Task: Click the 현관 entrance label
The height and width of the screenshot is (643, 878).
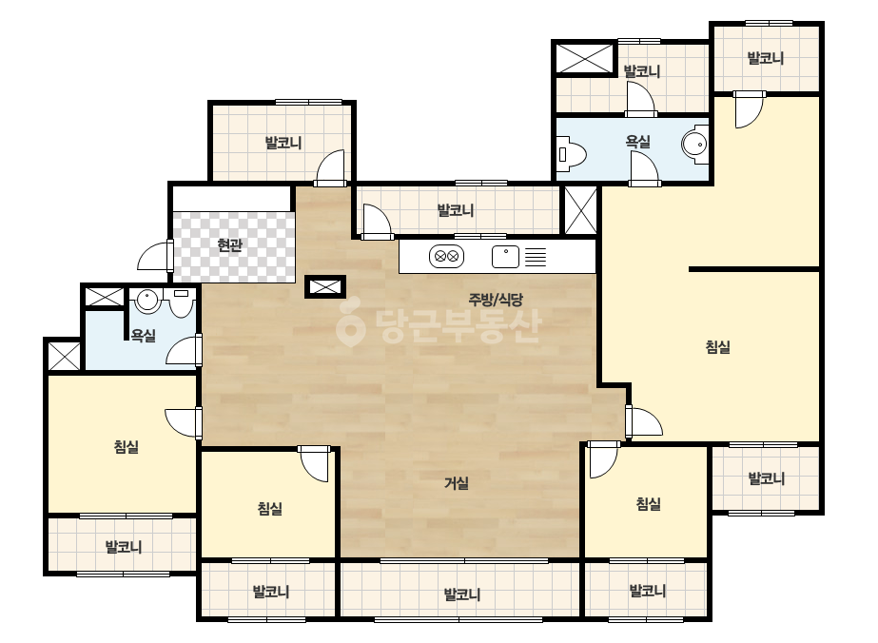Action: pos(229,244)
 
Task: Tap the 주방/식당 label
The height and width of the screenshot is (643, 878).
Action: pos(496,299)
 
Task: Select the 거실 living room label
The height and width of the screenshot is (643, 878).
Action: pos(457,483)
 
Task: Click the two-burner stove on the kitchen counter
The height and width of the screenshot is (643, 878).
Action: pos(446,257)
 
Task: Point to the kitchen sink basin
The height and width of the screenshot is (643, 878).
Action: pos(505,257)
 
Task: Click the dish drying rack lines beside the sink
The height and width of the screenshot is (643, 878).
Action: pos(535,257)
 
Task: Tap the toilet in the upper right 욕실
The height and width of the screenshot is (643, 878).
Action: pos(572,153)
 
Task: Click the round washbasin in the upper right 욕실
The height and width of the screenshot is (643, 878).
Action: pos(695,145)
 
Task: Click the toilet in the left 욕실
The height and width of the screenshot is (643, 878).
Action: pos(181,303)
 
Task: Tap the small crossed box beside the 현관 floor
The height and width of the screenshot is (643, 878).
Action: pos(324,286)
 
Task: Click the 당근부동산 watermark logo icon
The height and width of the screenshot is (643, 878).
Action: pos(350,325)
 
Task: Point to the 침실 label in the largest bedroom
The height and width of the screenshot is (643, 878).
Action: pos(717,346)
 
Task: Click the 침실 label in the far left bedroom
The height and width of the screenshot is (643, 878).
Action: pos(126,446)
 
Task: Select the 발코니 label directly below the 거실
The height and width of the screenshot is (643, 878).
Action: pos(462,594)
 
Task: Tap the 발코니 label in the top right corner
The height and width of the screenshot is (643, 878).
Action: pos(766,58)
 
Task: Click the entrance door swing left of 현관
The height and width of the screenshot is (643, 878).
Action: pos(152,257)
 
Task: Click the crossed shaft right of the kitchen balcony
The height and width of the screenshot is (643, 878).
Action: pos(580,209)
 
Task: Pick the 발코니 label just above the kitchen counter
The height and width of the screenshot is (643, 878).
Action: pos(456,210)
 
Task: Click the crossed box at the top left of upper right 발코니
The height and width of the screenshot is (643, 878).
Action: pos(585,58)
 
